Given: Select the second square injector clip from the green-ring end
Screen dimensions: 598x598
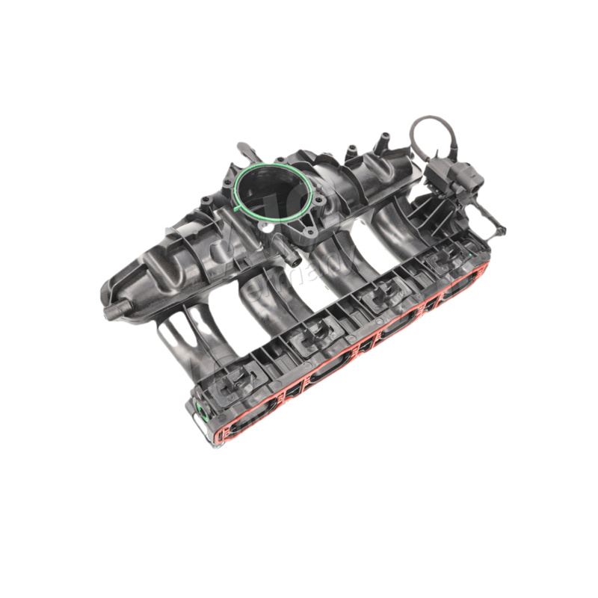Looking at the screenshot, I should [x=309, y=340].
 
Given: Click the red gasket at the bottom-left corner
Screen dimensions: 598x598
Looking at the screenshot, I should [x=218, y=438].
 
